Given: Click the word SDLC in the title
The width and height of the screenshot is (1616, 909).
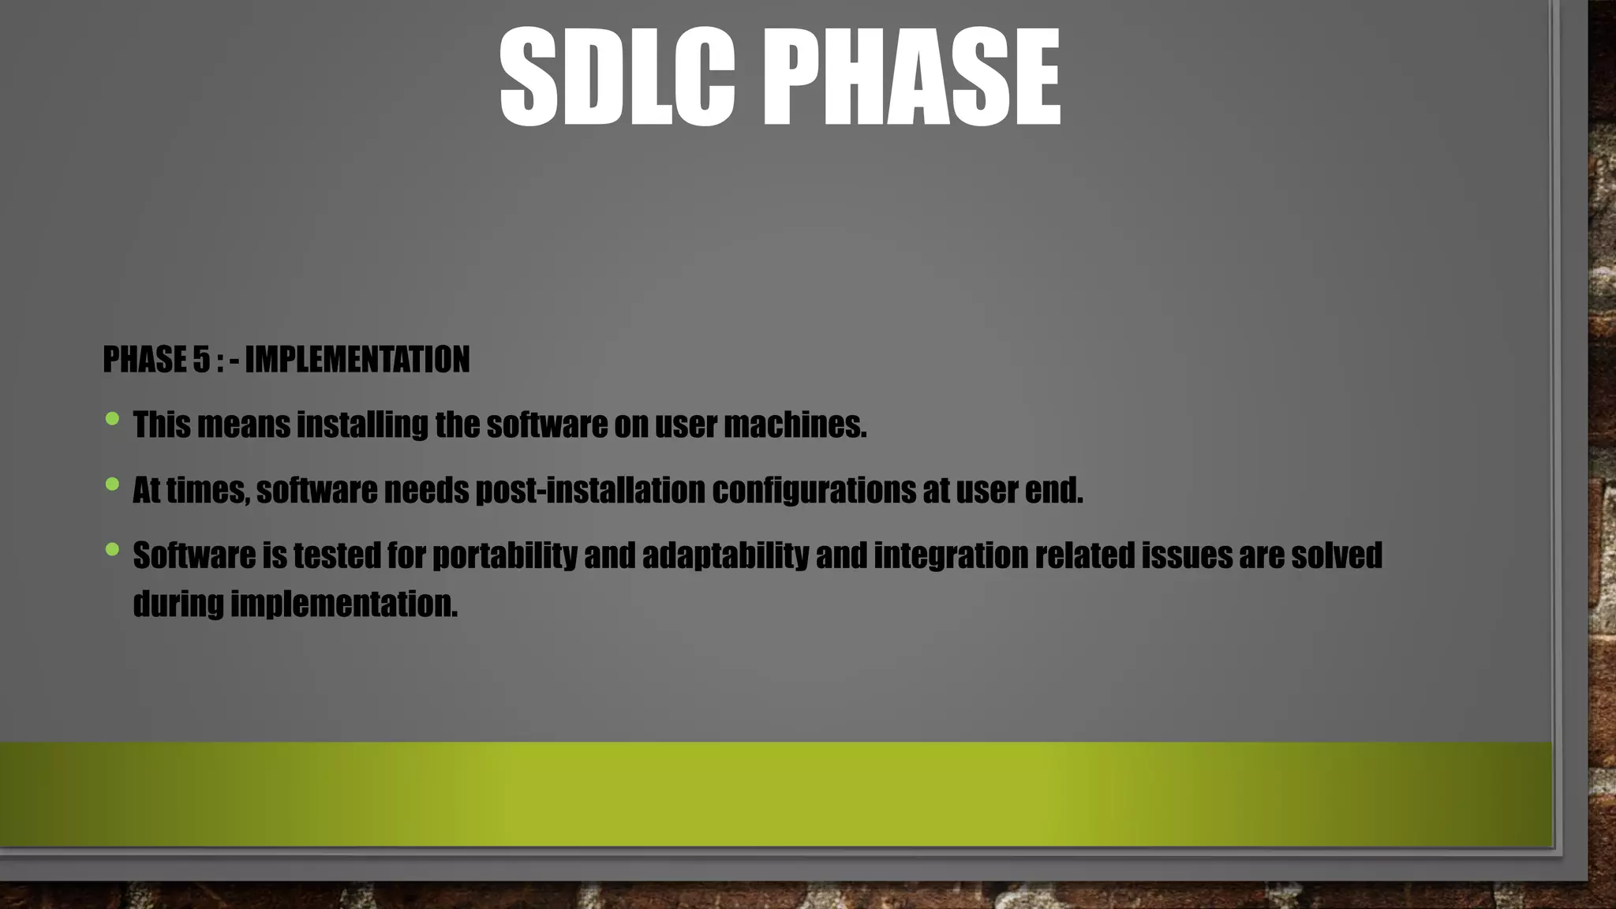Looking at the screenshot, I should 617,77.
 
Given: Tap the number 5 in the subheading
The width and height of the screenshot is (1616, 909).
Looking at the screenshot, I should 201,360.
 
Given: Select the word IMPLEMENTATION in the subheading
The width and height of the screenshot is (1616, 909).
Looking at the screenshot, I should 357,360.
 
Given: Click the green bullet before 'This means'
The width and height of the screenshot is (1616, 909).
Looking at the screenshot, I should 112,419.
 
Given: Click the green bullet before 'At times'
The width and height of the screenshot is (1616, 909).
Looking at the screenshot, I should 112,484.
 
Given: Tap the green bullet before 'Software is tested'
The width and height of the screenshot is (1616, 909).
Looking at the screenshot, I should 112,549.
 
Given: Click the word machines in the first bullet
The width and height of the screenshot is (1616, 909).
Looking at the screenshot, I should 795,425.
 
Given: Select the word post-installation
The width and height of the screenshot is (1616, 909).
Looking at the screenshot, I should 589,491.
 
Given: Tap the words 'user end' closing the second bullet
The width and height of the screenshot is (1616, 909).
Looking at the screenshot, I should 1019,491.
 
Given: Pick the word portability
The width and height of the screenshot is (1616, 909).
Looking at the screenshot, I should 505,555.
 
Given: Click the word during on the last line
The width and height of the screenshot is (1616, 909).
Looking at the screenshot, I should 178,604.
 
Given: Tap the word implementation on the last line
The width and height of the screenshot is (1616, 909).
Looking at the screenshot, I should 343,604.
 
